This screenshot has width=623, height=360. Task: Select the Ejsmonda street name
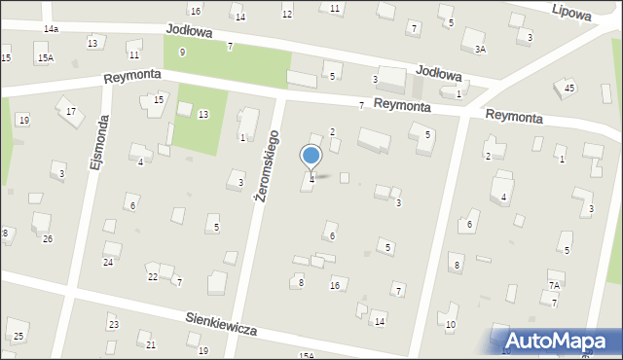pos(96,145)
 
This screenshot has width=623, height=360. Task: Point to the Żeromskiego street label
pos(265,165)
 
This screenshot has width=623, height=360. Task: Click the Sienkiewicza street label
pos(222,324)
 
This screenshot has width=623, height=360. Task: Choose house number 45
pos(569,89)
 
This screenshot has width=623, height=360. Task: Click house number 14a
pos(51,29)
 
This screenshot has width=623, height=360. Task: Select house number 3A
pos(480,49)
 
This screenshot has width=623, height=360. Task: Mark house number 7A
pos(554,285)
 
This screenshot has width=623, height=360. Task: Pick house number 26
pos(47,239)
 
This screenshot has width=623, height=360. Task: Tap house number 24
pos(108,262)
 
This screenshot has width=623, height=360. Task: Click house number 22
pos(153,277)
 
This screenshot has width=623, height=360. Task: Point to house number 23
pos(114,324)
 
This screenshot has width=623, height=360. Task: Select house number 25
pos(18,336)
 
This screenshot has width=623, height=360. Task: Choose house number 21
pos(150,344)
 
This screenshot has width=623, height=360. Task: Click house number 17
pos(70,112)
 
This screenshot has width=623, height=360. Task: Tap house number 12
pos(286,15)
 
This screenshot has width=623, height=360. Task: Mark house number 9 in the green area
pos(182,51)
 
